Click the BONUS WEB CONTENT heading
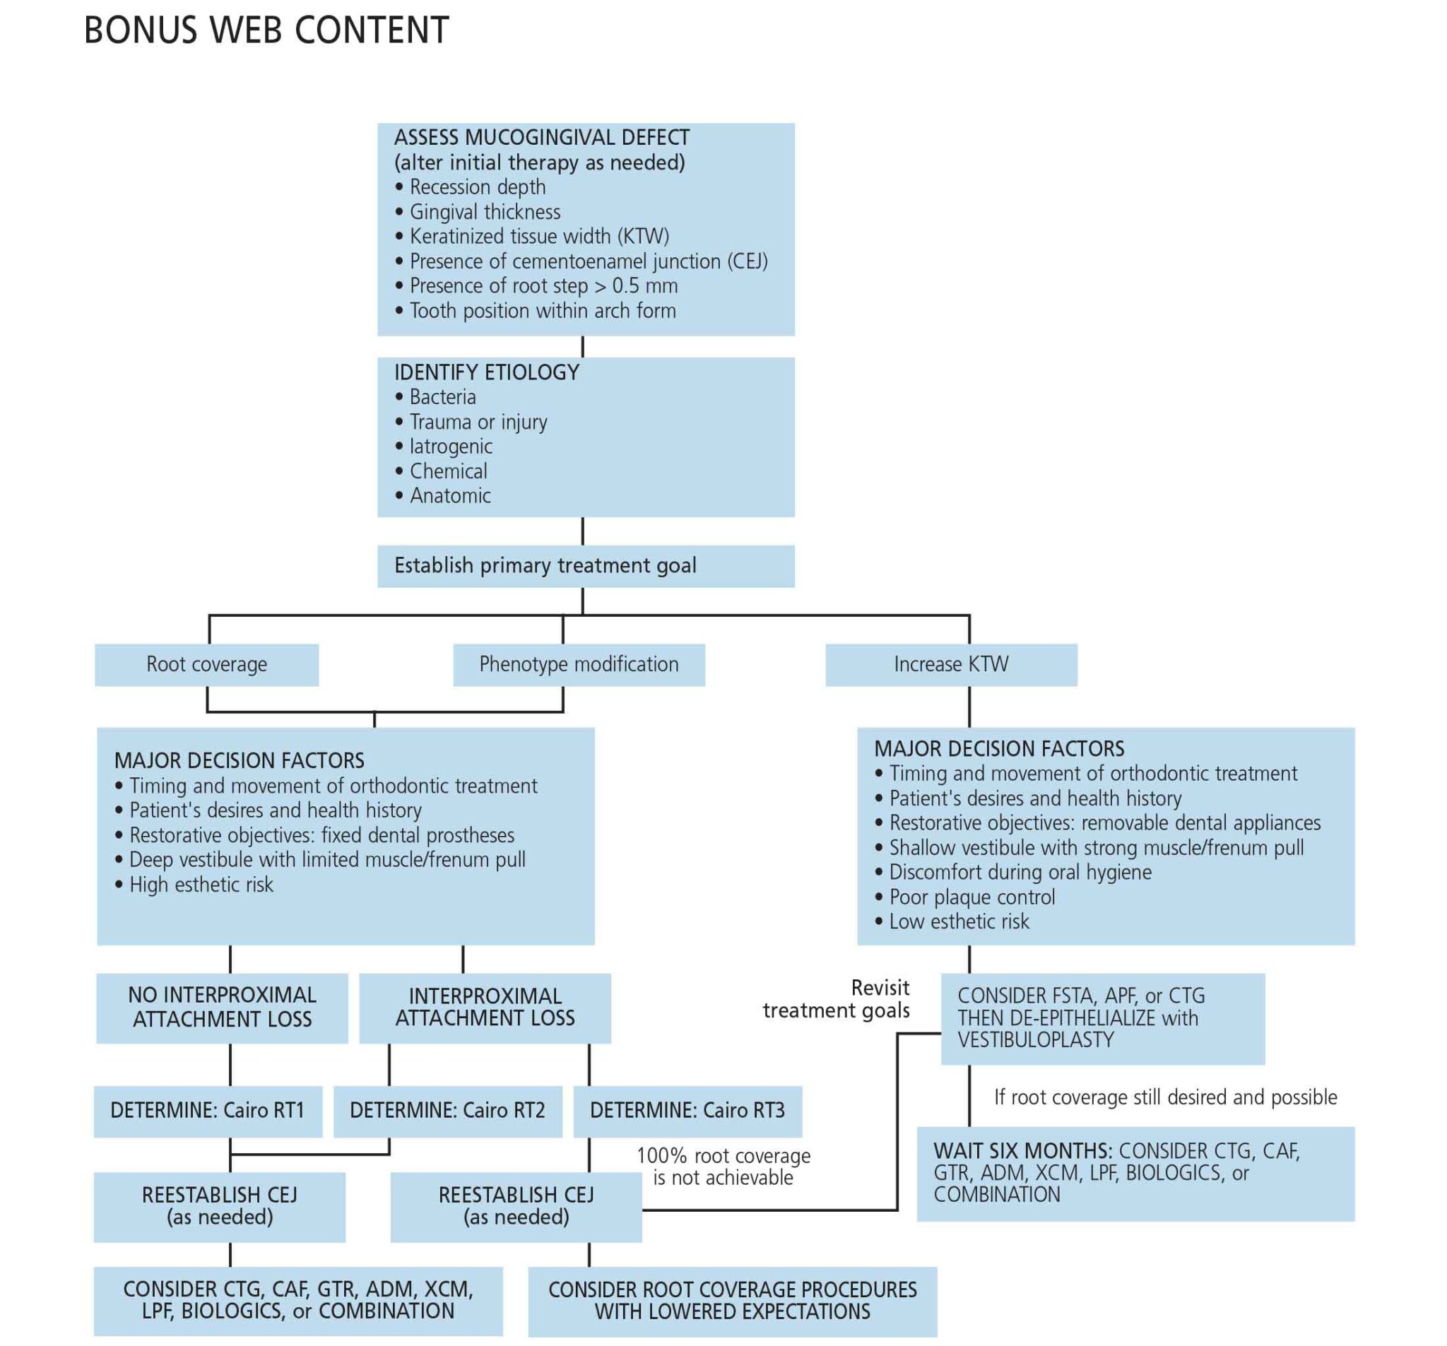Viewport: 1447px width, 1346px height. tap(266, 30)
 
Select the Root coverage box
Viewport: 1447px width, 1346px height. tap(207, 665)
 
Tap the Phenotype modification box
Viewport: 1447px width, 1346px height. tap(579, 665)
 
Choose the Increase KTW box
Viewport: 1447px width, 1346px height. tap(950, 665)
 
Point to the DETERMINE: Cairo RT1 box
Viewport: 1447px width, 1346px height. tap(208, 1111)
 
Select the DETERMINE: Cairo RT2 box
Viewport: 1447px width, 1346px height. tap(448, 1111)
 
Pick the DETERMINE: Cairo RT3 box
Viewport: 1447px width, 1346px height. tap(687, 1111)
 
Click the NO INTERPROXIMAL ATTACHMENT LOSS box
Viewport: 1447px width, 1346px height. tap(222, 1008)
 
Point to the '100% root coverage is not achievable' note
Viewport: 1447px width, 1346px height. tap(723, 1167)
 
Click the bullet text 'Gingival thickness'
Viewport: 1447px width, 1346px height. tap(485, 212)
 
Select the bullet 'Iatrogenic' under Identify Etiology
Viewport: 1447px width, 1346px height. tap(451, 447)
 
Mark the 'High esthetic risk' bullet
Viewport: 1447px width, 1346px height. tap(201, 885)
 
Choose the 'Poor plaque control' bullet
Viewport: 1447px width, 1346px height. tap(971, 897)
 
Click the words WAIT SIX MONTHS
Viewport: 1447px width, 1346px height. tap(1022, 1151)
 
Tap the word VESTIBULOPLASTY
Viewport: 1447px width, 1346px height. tap(1035, 1039)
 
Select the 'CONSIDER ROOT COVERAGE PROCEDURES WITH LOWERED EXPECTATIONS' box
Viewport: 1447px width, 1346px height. tap(732, 1301)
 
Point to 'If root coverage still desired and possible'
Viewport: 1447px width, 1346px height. tap(1165, 1097)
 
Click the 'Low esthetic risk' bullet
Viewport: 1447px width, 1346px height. tap(959, 921)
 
